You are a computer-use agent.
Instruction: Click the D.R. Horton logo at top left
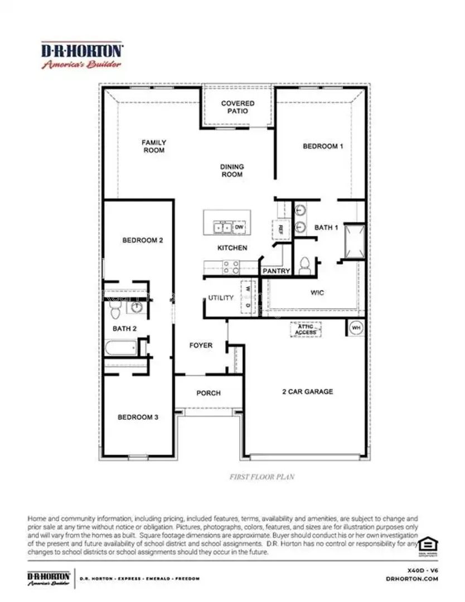click(x=82, y=55)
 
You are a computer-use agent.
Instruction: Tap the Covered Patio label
click(x=238, y=107)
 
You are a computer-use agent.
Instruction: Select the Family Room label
click(x=153, y=146)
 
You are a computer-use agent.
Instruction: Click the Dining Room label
click(x=232, y=171)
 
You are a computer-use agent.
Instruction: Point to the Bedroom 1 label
click(x=323, y=146)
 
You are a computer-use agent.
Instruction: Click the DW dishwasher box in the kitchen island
click(x=239, y=227)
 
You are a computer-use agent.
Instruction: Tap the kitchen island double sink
click(x=223, y=227)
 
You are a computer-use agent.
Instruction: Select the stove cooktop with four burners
click(x=231, y=267)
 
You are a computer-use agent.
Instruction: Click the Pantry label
click(x=276, y=271)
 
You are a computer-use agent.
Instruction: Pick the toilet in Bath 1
click(x=304, y=264)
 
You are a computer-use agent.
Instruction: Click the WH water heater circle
click(x=355, y=328)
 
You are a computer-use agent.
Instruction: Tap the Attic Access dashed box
click(x=306, y=329)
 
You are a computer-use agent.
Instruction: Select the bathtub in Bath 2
click(x=121, y=348)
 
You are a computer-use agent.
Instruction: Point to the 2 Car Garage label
click(x=307, y=391)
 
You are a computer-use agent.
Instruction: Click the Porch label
click(x=209, y=393)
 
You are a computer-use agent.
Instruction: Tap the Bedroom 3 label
click(x=138, y=417)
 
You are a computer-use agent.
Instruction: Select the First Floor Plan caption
click(x=262, y=477)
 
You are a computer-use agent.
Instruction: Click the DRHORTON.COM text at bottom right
click(x=411, y=579)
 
